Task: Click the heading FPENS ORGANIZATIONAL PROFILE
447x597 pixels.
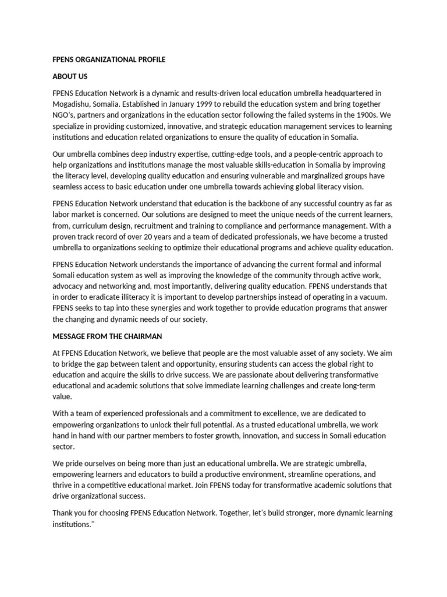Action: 109,60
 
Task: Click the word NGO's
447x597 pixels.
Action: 66,115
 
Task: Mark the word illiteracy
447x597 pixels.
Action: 126,297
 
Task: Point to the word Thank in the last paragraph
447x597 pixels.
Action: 63,513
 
